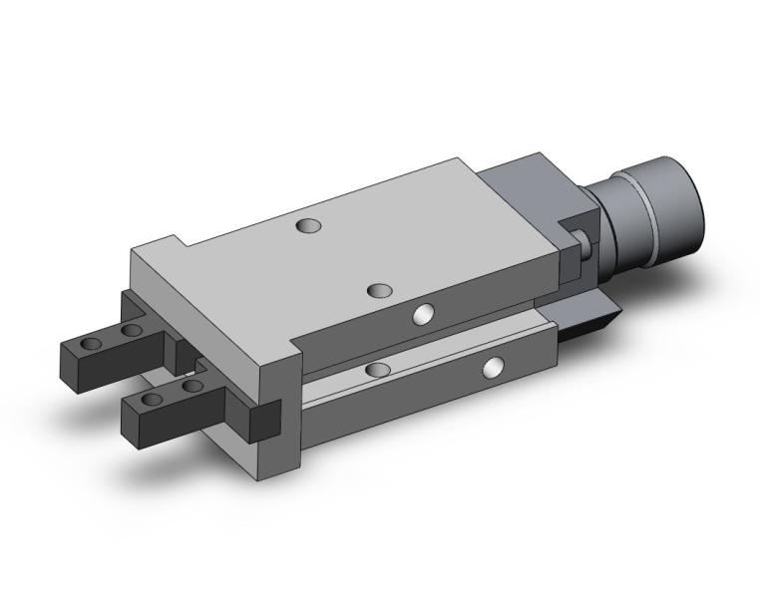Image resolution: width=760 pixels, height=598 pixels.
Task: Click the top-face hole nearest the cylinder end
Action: [x=310, y=226]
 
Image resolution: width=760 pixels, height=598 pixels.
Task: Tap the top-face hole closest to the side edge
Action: [x=379, y=291]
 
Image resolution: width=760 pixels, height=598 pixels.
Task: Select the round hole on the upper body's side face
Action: [x=423, y=315]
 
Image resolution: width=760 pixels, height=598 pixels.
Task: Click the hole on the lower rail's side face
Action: [x=492, y=369]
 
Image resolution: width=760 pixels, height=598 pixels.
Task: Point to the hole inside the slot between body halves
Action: [x=377, y=370]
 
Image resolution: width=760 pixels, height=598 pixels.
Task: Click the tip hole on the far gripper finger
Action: [x=92, y=344]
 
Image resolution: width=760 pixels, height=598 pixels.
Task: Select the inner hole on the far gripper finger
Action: [x=129, y=330]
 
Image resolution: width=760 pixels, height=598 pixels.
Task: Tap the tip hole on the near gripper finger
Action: [x=152, y=400]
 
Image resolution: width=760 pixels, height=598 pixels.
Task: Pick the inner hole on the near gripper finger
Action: [x=190, y=385]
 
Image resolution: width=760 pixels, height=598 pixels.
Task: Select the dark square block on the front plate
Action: [x=264, y=419]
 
